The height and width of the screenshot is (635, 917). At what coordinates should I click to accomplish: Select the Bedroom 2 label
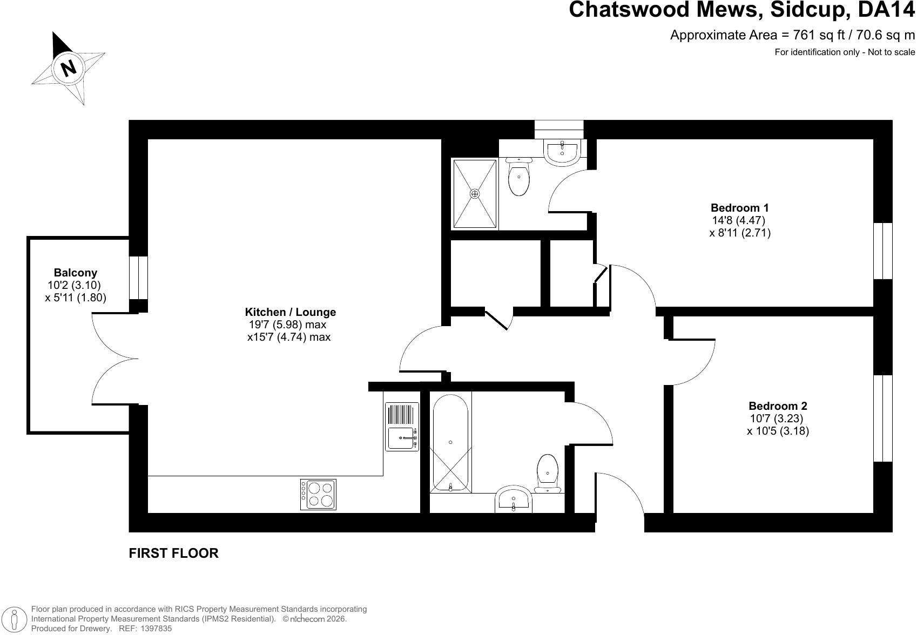pyautogui.click(x=778, y=406)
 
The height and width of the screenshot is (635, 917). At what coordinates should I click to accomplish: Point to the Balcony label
pyautogui.click(x=75, y=273)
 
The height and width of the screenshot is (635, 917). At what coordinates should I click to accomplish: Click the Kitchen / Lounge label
pyautogui.click(x=290, y=312)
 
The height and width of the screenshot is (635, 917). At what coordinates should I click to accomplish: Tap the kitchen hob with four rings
pyautogui.click(x=318, y=495)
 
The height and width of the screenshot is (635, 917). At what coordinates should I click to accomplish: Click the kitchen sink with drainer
pyautogui.click(x=402, y=427)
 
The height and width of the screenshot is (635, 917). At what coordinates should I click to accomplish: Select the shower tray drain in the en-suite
pyautogui.click(x=475, y=194)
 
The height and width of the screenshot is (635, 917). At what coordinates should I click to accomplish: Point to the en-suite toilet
pyautogui.click(x=518, y=177)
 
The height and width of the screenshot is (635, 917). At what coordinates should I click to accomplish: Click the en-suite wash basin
pyautogui.click(x=562, y=152)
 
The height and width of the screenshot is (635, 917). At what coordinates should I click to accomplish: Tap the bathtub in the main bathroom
pyautogui.click(x=450, y=443)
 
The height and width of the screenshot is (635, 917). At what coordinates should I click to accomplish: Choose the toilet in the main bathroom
pyautogui.click(x=547, y=474)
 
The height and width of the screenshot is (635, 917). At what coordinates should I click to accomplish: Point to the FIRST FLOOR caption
pyautogui.click(x=173, y=553)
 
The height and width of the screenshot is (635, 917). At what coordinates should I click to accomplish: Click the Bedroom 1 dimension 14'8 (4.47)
pyautogui.click(x=738, y=220)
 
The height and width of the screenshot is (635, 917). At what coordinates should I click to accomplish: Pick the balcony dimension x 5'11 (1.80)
pyautogui.click(x=76, y=298)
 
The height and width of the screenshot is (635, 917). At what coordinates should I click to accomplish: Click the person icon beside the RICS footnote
pyautogui.click(x=15, y=619)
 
